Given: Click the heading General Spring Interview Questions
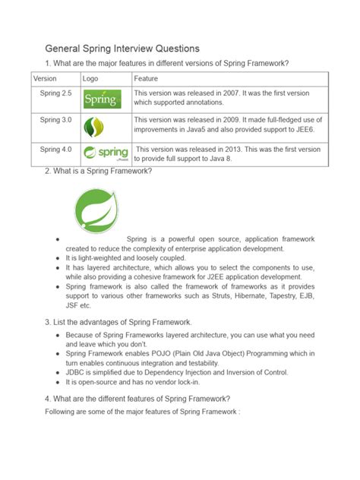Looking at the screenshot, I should (x=122, y=47).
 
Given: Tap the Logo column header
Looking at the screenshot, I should (x=91, y=78).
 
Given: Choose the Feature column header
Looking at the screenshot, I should (x=146, y=78).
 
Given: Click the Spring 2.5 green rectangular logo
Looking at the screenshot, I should (x=101, y=99).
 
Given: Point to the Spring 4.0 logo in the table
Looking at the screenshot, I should (x=105, y=152).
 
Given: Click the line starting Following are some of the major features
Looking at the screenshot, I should (x=141, y=411).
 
